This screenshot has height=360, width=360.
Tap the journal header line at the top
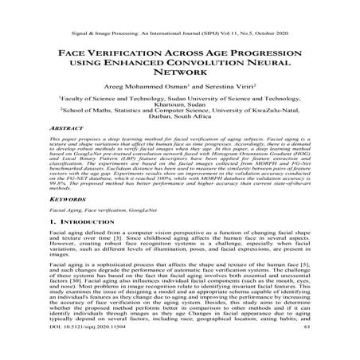pyautogui.click(x=179, y=13)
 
